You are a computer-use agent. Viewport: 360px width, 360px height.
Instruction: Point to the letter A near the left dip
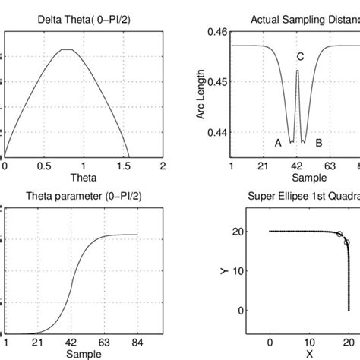click(x=278, y=142)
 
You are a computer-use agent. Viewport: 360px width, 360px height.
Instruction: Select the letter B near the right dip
click(x=319, y=142)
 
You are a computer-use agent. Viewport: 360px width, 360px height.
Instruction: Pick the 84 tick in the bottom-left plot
click(x=137, y=343)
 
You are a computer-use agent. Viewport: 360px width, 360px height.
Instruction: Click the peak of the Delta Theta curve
click(x=68, y=49)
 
